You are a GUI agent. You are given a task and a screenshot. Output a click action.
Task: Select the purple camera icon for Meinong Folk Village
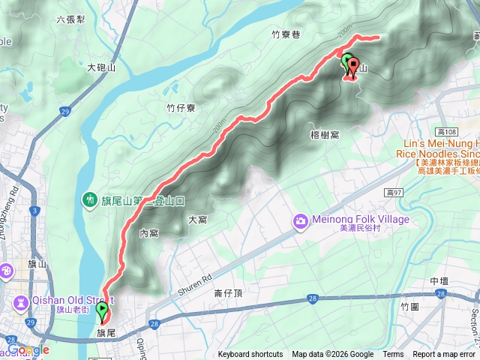[300, 220]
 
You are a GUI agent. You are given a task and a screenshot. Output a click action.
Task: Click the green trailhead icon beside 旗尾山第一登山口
[89, 199]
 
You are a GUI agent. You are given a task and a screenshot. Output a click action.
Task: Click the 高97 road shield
[394, 193]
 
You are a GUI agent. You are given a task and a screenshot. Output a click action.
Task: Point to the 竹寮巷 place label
[285, 34]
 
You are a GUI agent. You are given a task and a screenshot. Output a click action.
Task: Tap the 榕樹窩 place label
[325, 135]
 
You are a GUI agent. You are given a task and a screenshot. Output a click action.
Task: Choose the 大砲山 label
[101, 67]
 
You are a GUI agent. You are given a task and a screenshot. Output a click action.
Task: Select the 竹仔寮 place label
[180, 108]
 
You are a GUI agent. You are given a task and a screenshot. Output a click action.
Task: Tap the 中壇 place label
[439, 280]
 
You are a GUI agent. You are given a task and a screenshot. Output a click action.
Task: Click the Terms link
[393, 355]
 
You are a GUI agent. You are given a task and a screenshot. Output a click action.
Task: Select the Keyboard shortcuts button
[250, 355]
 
